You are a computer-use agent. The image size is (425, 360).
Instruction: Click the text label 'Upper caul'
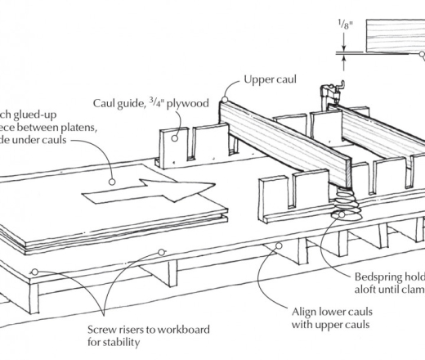(x=271, y=80)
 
